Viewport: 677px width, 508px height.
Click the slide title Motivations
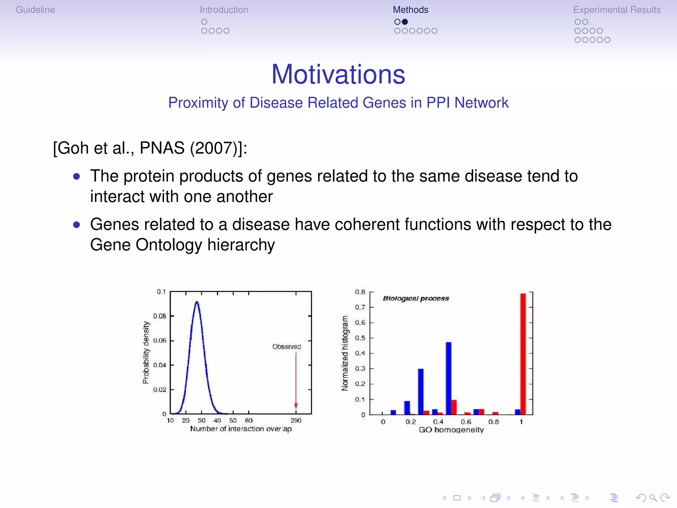pos(338,74)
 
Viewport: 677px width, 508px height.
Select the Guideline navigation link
pos(35,10)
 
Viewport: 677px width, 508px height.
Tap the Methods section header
pos(410,10)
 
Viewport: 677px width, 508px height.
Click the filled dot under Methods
pos(405,22)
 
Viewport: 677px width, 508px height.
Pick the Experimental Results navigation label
pos(617,10)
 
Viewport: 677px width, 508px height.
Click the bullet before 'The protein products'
pos(77,176)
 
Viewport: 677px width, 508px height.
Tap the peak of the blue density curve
pos(197,302)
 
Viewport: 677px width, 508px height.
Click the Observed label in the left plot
pos(286,346)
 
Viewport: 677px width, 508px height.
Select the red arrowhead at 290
pos(296,406)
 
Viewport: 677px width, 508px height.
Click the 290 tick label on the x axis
pos(296,420)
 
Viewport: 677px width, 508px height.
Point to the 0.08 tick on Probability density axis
pos(160,316)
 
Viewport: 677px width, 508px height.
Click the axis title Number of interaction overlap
pos(241,429)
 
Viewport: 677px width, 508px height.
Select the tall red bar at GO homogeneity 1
pos(523,354)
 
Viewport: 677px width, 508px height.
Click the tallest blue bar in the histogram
pos(449,378)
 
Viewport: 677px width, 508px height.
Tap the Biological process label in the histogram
pos(416,298)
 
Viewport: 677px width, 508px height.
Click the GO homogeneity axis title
pos(451,430)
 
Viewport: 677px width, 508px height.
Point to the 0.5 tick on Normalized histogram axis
pos(360,338)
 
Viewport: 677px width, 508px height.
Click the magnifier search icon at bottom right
pos(653,498)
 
